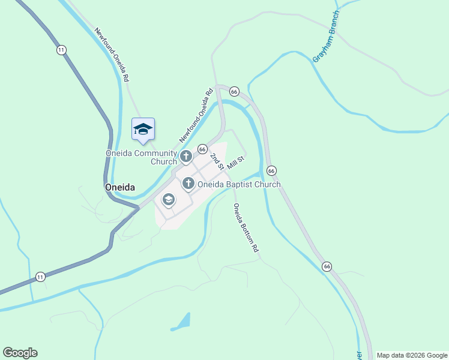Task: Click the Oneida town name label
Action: point(119,187)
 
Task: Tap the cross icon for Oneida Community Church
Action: point(186,157)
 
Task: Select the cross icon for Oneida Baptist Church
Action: point(188,184)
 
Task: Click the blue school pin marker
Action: point(143,130)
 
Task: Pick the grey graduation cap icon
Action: point(169,199)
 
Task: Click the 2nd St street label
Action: point(217,161)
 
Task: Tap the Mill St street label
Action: point(235,163)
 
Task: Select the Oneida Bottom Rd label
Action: point(246,227)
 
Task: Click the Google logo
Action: point(20,353)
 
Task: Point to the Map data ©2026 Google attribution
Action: point(411,355)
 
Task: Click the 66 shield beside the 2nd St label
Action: point(202,149)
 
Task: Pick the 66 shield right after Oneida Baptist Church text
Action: point(271,171)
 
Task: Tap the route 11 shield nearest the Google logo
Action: point(40,277)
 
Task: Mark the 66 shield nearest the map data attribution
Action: point(327,266)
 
